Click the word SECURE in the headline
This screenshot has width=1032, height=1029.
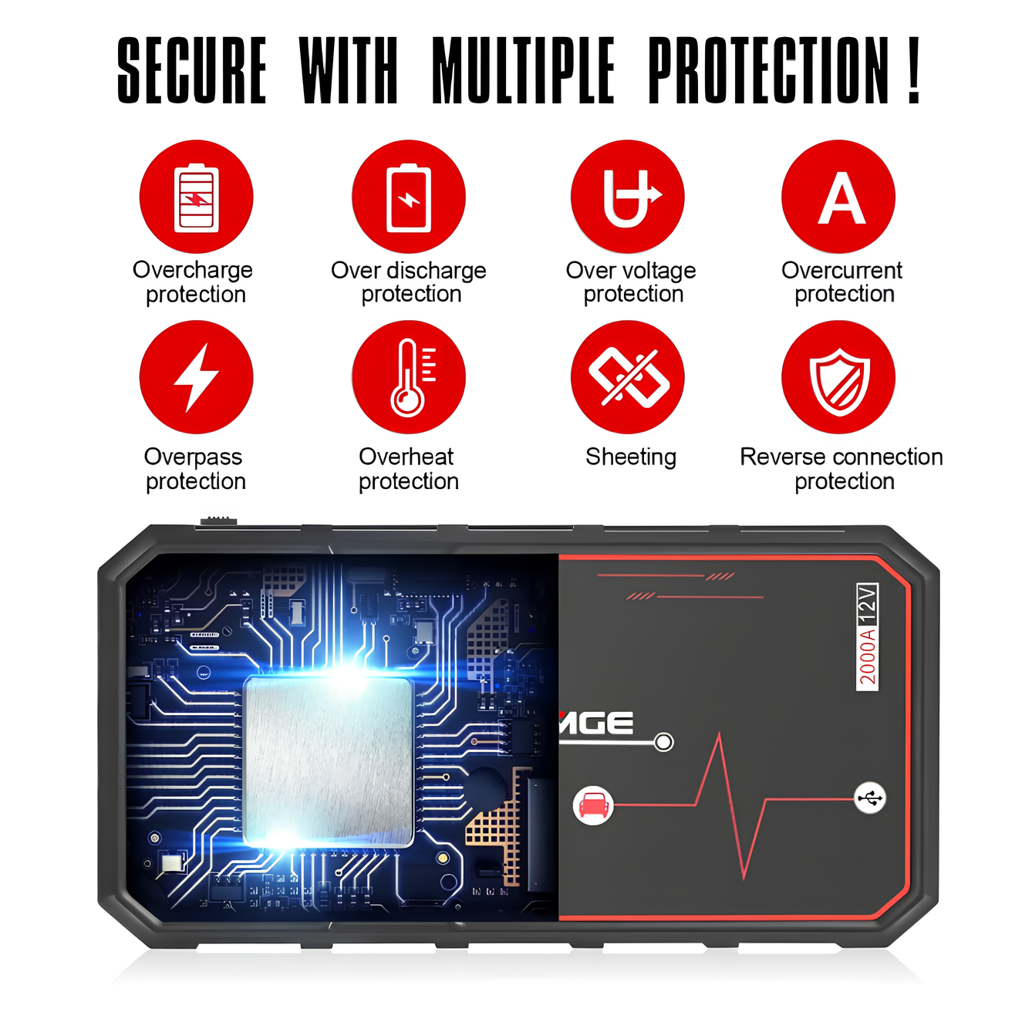pos(192,70)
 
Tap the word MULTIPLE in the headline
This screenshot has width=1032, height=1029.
pos(523,70)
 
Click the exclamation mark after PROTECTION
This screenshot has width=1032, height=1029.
pos(914,70)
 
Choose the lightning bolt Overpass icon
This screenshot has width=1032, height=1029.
pos(196,377)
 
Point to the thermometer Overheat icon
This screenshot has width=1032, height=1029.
pos(409,377)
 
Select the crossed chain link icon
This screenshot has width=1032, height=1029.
pos(627,377)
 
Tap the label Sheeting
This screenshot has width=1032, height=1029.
pos(631,457)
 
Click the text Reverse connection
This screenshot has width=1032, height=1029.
pos(841,457)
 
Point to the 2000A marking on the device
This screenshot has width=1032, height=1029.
pos(867,657)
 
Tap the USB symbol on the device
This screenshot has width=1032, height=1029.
pos(870,798)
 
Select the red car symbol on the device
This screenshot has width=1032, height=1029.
pos(593,805)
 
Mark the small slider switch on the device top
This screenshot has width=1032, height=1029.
pos(218,520)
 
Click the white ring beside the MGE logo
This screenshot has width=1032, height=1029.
pos(664,742)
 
